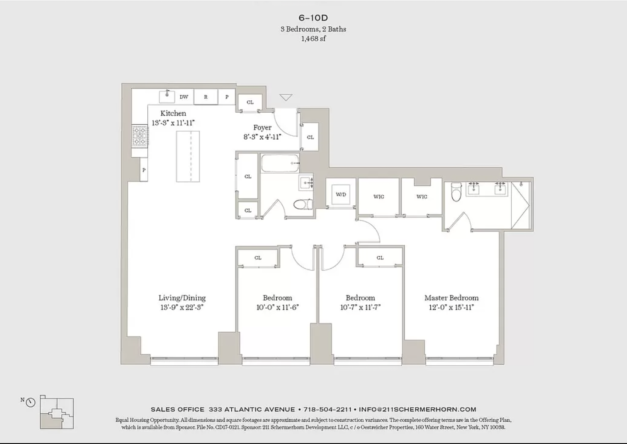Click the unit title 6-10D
(x=313, y=18)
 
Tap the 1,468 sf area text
(x=313, y=39)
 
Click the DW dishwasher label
(x=184, y=97)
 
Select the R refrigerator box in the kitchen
(x=206, y=97)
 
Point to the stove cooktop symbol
(x=140, y=136)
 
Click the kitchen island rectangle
(x=188, y=156)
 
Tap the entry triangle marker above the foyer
(x=286, y=97)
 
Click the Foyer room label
(x=262, y=127)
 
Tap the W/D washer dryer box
(x=341, y=194)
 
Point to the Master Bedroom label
(x=451, y=297)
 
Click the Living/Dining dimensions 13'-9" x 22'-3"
(x=182, y=307)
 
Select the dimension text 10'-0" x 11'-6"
(x=277, y=307)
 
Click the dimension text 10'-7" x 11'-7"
(x=360, y=307)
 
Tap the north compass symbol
(x=30, y=402)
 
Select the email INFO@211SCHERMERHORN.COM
(x=418, y=409)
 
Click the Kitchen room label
(x=173, y=113)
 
